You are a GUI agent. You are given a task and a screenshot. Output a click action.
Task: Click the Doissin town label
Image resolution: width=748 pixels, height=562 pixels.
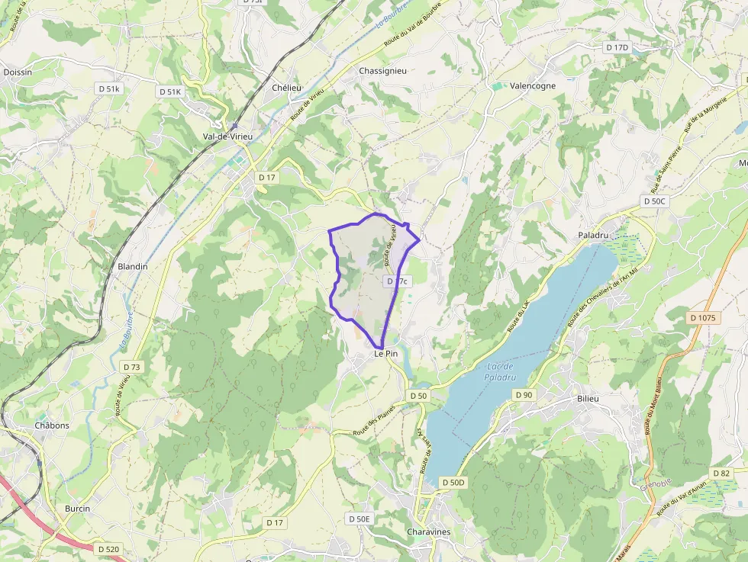18,72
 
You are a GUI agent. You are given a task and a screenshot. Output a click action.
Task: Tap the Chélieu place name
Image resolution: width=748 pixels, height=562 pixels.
287,88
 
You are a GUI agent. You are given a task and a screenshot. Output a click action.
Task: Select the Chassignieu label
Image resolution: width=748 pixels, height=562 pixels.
382,71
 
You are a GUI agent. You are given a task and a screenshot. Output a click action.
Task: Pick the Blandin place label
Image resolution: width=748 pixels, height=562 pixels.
133,267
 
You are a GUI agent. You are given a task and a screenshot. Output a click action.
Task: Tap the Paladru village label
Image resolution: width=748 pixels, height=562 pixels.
593,236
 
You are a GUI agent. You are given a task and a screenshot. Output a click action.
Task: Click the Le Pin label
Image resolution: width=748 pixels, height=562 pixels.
386,354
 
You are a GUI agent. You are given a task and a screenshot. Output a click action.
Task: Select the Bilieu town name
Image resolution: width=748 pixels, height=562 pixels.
589,399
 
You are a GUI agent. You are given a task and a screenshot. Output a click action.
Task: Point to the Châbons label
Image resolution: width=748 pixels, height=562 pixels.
52,426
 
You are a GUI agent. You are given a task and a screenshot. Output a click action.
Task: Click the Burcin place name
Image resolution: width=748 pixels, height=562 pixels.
77,509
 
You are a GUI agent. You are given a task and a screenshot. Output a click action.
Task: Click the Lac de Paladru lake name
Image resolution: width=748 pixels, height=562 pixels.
501,372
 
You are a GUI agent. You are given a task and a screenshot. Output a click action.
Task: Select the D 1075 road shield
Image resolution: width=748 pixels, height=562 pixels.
704,317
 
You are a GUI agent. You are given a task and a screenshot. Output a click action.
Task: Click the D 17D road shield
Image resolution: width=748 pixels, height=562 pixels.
617,47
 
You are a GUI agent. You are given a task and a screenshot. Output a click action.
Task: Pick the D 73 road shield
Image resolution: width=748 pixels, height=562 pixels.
131,367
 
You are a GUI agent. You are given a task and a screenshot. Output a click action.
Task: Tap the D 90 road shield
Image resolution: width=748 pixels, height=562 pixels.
523,394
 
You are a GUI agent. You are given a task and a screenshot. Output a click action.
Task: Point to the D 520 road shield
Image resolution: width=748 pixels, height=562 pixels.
109,548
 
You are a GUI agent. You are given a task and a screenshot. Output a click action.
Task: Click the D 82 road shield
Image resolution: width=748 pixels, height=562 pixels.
721,473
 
